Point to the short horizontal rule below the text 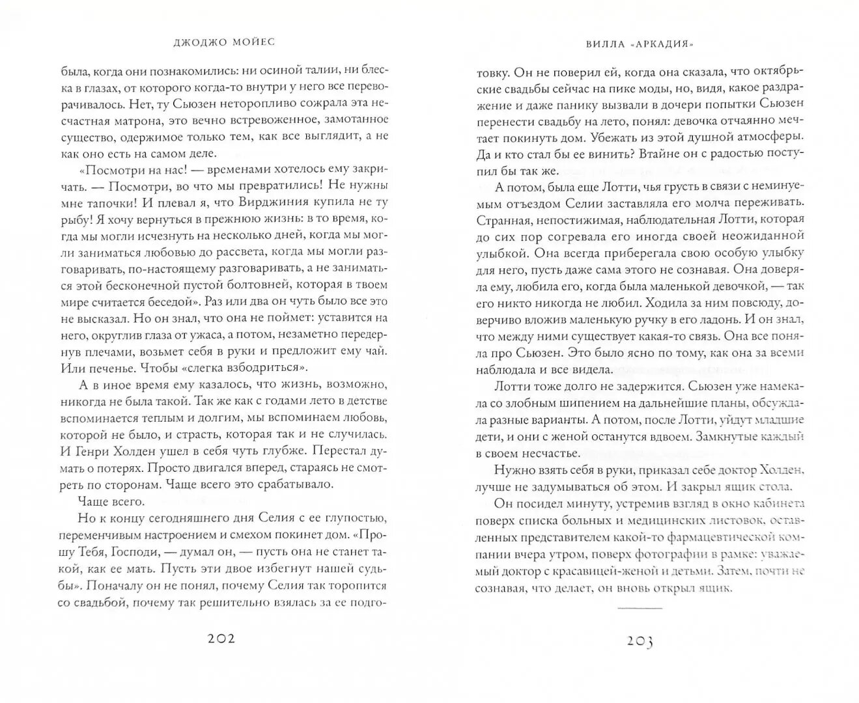(640, 608)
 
